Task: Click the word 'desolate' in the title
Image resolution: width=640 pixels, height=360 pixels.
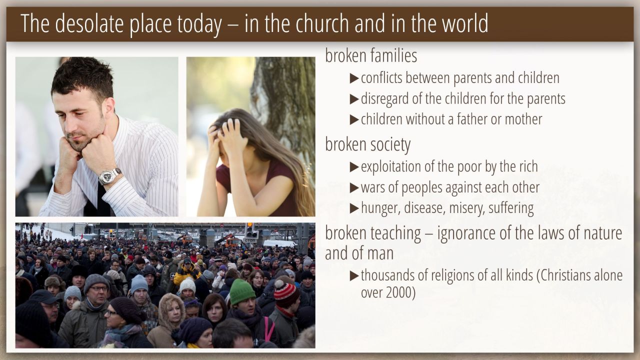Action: [x=89, y=23]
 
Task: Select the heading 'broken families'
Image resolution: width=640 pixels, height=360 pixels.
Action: [x=371, y=55]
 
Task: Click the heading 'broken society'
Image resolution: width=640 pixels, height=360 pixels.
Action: [x=367, y=144]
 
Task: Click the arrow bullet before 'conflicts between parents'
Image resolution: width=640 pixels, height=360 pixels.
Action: [x=354, y=78]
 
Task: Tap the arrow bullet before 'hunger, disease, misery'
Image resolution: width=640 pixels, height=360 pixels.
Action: [x=354, y=208]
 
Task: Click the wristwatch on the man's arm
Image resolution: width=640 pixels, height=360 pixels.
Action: [x=109, y=176]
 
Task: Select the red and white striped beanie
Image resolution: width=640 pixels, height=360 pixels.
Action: [x=286, y=293]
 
